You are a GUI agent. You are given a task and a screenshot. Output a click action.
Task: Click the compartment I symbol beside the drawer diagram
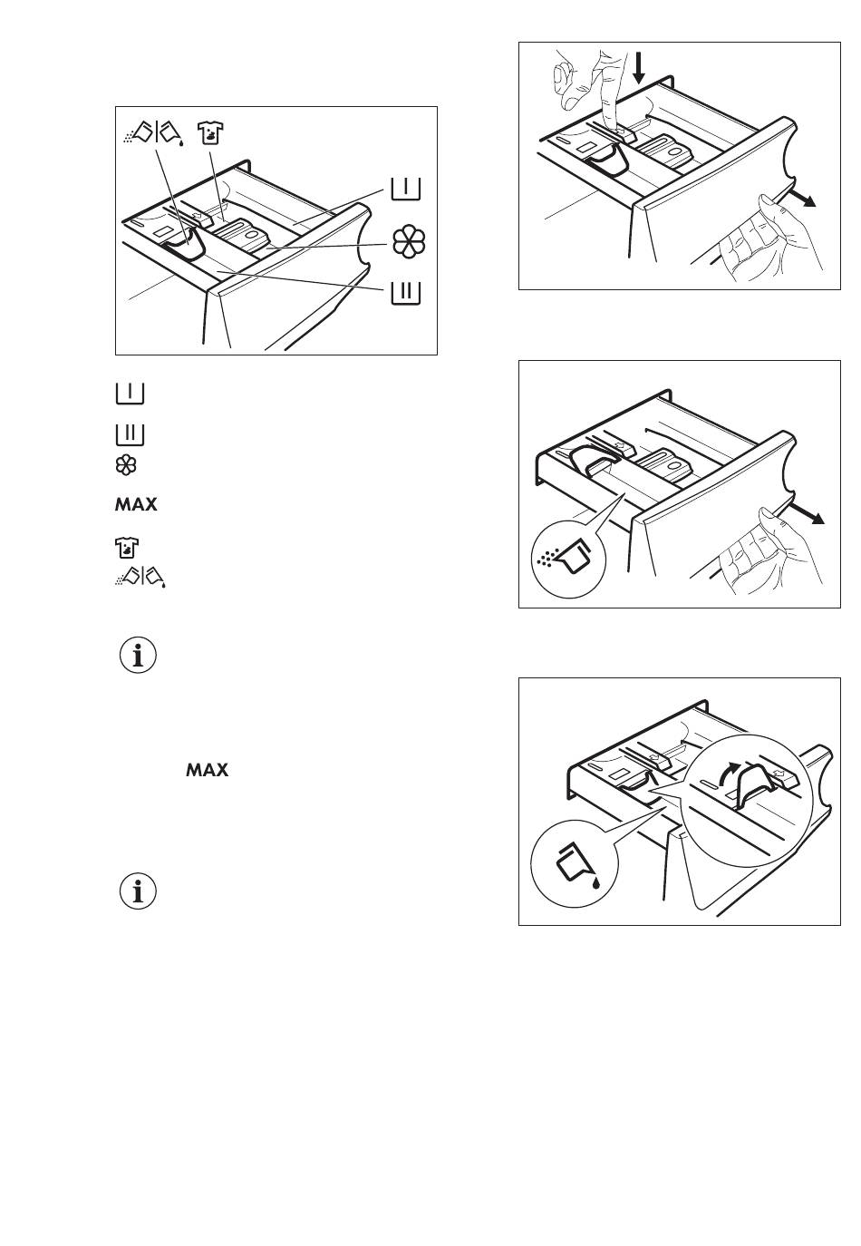[406, 189]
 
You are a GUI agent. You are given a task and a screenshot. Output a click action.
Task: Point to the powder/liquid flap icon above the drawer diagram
[154, 134]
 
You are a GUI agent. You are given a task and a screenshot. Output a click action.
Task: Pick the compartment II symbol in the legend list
[131, 434]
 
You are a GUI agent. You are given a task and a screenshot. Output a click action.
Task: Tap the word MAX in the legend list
[135, 504]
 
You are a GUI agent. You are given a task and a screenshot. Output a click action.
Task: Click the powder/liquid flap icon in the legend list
[143, 576]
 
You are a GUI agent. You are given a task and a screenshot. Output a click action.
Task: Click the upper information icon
[138, 656]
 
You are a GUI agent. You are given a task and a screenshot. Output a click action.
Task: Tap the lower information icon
[138, 892]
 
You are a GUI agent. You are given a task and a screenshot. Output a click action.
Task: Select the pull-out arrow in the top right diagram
[802, 199]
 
